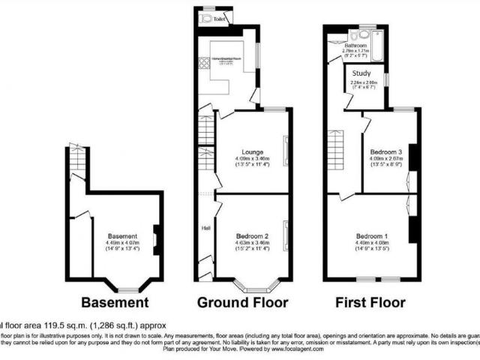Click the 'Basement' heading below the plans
[x=115, y=303]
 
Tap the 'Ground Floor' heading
[x=242, y=303]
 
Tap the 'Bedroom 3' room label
[x=385, y=151]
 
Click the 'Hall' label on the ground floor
[x=205, y=228]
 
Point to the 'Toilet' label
[x=219, y=19]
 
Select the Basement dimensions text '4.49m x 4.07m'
[x=122, y=242]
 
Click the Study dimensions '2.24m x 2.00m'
[x=365, y=82]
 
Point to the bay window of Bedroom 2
[x=253, y=285]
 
